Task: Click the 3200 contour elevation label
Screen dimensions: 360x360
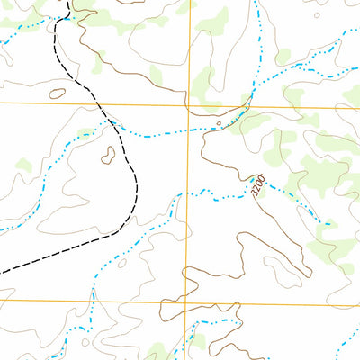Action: tap(258, 187)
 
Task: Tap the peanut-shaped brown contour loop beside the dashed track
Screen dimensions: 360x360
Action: tap(110, 154)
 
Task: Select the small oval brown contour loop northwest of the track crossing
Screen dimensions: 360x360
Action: tap(58, 93)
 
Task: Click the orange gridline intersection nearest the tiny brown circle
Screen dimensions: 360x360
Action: tap(189, 106)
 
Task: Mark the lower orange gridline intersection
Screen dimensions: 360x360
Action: tap(187, 301)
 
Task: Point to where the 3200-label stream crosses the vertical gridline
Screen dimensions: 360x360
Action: tap(188, 196)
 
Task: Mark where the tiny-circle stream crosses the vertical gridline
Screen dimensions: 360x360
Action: tap(189, 131)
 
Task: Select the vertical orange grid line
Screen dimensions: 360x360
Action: tap(188, 54)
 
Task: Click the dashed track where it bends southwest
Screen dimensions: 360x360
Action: tap(135, 202)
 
